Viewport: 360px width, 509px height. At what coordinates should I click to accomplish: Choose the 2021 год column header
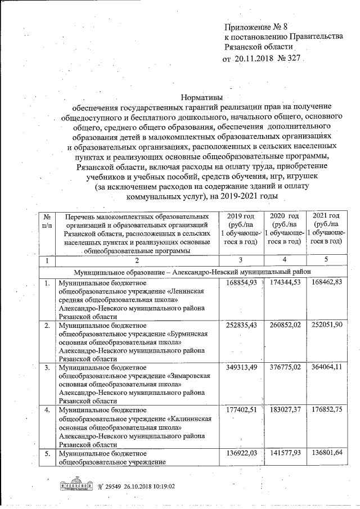[326, 217]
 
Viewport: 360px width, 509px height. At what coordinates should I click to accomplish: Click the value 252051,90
[326, 325]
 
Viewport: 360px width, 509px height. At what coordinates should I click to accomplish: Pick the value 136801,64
[326, 454]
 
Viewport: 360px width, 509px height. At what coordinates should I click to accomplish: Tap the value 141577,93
[286, 454]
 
